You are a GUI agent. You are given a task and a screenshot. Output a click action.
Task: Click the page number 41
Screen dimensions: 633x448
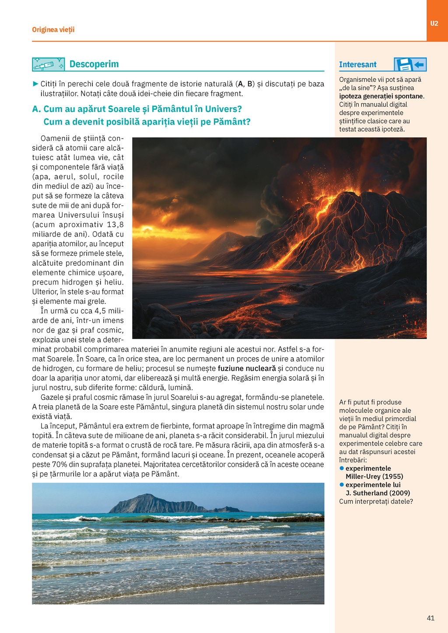click(x=430, y=618)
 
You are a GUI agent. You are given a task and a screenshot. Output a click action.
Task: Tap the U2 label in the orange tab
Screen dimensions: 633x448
click(x=434, y=24)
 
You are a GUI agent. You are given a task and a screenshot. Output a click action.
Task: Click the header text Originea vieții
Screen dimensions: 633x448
click(x=53, y=30)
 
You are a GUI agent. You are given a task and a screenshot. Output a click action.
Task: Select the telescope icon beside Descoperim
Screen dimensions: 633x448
click(x=48, y=65)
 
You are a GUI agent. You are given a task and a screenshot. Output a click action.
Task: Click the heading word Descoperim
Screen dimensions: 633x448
click(x=94, y=64)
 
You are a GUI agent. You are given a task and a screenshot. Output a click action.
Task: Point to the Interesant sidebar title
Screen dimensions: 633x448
click(x=357, y=65)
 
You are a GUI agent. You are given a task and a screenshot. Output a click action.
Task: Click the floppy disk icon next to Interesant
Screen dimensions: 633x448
click(x=404, y=65)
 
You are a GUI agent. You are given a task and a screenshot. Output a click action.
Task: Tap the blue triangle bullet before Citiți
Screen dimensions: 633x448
click(x=35, y=83)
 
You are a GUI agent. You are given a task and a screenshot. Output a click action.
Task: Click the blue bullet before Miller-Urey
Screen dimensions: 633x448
click(x=342, y=468)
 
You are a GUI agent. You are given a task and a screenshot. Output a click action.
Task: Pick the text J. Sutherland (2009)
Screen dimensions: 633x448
click(x=378, y=493)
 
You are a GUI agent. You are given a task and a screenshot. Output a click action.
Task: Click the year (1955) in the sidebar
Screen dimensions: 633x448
click(x=392, y=476)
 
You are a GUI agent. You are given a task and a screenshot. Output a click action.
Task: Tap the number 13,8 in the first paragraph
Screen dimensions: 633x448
click(x=115, y=225)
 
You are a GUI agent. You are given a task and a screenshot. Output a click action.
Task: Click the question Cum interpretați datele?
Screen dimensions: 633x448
click(x=376, y=501)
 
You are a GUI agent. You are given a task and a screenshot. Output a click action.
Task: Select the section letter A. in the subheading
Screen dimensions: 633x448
click(x=37, y=109)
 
